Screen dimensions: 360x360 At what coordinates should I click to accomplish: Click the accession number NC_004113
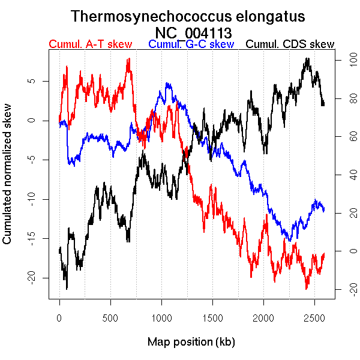pos(193,32)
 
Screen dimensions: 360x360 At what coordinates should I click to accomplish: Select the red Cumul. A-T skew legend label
pos(90,44)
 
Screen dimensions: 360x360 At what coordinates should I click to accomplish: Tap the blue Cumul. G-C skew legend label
pos(191,44)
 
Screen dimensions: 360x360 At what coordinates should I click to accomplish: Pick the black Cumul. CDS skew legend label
pos(290,44)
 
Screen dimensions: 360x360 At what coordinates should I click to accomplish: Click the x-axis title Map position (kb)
pos(191,342)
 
